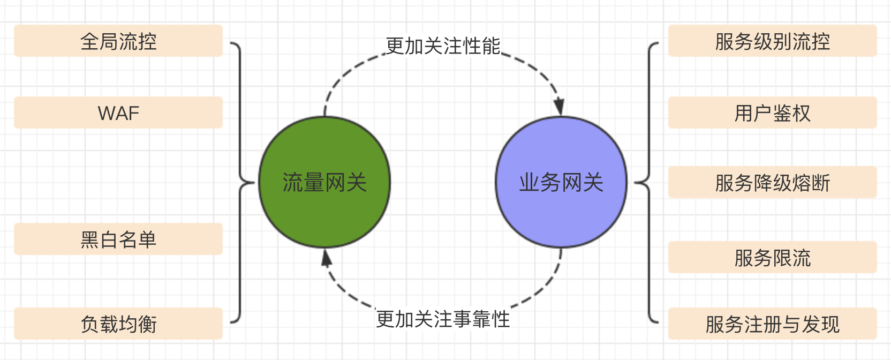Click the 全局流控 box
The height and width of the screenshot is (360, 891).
click(x=118, y=41)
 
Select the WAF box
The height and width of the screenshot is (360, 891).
click(x=118, y=113)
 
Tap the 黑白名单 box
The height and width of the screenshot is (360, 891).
click(x=118, y=239)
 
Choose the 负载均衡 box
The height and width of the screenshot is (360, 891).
click(x=118, y=324)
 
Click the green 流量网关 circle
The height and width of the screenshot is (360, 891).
click(x=324, y=182)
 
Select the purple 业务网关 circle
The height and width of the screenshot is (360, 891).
click(x=561, y=182)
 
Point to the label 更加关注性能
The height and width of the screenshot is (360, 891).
click(x=443, y=46)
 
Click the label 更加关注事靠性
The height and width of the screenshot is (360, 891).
click(x=443, y=319)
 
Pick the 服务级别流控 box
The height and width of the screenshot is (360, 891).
click(x=772, y=41)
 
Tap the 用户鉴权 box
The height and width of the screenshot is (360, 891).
click(x=772, y=113)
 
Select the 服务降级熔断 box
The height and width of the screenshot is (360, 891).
click(x=772, y=183)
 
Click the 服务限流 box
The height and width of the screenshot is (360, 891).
click(x=772, y=258)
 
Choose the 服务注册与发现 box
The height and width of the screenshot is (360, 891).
click(x=772, y=324)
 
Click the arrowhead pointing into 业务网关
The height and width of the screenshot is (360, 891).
click(x=559, y=107)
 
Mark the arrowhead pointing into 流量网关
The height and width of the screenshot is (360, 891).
click(x=326, y=258)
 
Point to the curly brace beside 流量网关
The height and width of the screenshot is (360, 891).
click(x=240, y=182)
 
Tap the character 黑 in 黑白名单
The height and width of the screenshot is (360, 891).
click(x=89, y=239)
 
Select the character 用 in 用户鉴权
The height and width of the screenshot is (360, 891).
click(x=743, y=114)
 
